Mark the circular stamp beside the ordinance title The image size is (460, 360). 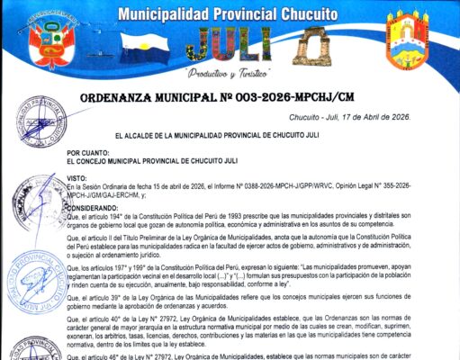coord(41,118)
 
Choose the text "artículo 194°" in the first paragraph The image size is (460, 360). coord(107,217)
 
